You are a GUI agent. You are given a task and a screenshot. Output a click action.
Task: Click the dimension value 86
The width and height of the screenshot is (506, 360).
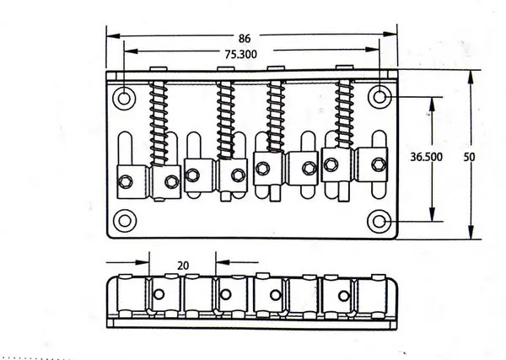click(x=245, y=39)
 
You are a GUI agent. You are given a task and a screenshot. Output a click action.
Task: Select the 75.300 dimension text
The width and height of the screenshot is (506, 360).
click(x=240, y=54)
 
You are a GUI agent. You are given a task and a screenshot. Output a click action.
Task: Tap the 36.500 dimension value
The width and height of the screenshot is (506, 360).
click(x=426, y=157)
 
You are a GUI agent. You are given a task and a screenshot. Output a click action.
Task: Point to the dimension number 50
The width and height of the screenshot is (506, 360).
click(x=470, y=157)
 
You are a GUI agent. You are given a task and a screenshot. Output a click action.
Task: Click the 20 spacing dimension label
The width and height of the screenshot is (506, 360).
click(x=183, y=266)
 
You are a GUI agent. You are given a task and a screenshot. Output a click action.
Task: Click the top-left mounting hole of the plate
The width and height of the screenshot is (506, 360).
click(x=124, y=98)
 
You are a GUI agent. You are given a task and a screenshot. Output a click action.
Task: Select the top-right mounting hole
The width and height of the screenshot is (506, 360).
click(x=379, y=96)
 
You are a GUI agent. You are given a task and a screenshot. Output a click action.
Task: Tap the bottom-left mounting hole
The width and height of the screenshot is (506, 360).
click(x=125, y=221)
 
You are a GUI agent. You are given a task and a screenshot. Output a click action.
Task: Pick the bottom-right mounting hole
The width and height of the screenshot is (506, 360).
click(x=379, y=221)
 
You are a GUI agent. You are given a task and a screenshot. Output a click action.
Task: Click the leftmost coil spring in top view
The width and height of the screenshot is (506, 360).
click(x=159, y=124)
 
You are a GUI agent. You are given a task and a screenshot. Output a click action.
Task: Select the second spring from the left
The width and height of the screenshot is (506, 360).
click(x=225, y=120)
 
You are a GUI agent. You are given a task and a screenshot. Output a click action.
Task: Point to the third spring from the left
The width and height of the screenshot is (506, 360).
click(x=276, y=116)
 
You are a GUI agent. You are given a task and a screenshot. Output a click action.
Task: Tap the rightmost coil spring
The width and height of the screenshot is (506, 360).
click(x=344, y=114)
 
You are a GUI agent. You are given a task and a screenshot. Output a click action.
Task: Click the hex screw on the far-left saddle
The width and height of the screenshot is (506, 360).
click(x=125, y=181)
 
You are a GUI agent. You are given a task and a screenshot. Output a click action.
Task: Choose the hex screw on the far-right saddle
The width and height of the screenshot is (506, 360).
click(x=379, y=164)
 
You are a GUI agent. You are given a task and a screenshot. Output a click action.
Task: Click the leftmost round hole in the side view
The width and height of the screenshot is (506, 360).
click(x=159, y=294)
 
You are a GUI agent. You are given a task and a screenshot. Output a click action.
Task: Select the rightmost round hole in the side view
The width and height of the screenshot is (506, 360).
click(x=344, y=295)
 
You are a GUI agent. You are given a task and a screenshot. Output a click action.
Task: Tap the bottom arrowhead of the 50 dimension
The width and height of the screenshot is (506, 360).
click(x=471, y=232)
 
